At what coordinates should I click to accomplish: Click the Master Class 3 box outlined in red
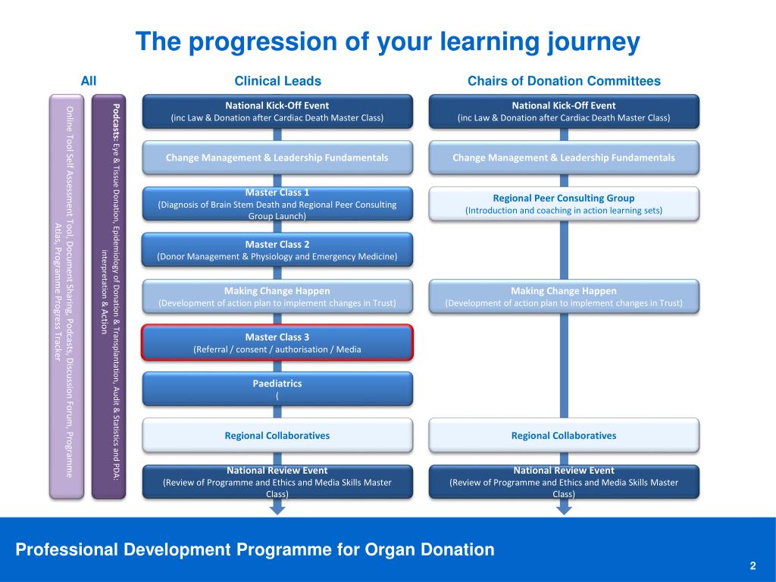[x=277, y=343]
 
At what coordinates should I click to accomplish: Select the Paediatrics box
[x=277, y=389]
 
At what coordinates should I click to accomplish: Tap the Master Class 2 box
[x=277, y=250]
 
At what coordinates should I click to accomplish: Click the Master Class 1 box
[x=277, y=203]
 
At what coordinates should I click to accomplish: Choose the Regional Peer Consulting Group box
[x=564, y=203]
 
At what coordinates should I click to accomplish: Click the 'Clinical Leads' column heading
[x=277, y=80]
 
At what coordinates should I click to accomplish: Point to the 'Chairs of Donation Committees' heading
[x=564, y=80]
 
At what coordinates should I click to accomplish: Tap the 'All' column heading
[x=89, y=80]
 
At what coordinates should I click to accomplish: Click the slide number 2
[x=753, y=565]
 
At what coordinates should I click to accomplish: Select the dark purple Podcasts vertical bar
[x=109, y=296]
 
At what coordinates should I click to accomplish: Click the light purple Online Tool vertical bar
[x=67, y=296]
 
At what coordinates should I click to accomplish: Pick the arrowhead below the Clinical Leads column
[x=277, y=509]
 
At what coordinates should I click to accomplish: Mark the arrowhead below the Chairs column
[x=564, y=509]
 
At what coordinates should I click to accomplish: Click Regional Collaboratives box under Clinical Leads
[x=277, y=436]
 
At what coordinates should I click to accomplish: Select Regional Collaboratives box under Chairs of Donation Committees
[x=564, y=436]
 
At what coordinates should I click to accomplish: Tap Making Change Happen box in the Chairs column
[x=564, y=296]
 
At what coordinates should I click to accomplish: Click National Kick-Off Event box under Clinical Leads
[x=277, y=112]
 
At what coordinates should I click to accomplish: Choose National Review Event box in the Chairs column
[x=564, y=481]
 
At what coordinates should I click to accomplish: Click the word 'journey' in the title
[x=593, y=42]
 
